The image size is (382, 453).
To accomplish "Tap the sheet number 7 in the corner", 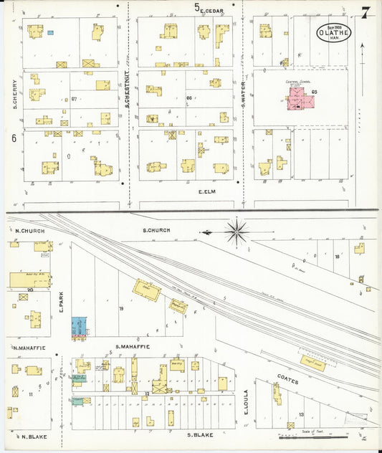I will pyautogui.click(x=366, y=12).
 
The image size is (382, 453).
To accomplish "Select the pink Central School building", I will pyautogui.click(x=302, y=100).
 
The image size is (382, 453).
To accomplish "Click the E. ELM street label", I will pyautogui.click(x=206, y=192).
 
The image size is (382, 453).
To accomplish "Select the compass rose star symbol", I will pyautogui.click(x=237, y=232).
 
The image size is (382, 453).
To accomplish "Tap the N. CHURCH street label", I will pyautogui.click(x=26, y=231).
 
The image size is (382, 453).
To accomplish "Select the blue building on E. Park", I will pyautogui.click(x=78, y=328).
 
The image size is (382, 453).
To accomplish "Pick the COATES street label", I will pyautogui.click(x=287, y=382).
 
